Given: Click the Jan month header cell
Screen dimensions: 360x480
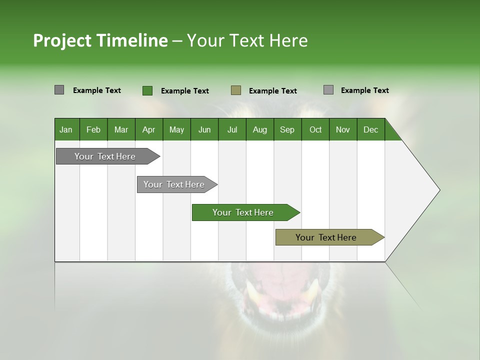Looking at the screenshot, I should click(66, 129).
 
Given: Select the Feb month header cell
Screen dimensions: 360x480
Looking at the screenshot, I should click(93, 129).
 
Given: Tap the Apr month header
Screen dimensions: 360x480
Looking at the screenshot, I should click(149, 129).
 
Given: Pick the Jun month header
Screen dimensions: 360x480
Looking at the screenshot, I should click(204, 129).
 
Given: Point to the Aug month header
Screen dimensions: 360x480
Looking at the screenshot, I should click(260, 129).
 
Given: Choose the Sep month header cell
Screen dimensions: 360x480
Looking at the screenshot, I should click(287, 129).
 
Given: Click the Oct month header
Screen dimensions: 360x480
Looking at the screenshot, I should click(315, 129).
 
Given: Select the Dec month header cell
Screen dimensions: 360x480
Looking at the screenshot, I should click(371, 129).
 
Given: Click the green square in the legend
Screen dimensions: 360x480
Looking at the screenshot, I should click(147, 90).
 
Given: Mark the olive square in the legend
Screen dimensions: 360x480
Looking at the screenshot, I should click(236, 90).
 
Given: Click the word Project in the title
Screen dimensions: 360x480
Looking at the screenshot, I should click(62, 40).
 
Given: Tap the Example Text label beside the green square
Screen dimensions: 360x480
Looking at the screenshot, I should click(185, 91).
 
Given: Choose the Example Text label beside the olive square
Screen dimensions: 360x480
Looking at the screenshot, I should click(273, 91).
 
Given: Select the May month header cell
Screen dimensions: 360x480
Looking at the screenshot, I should click(176, 129).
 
